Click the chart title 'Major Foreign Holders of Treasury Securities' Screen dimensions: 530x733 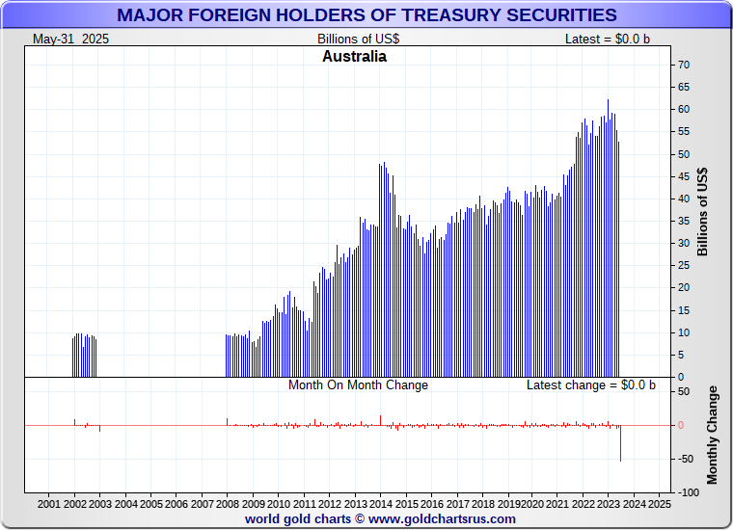tap(366, 15)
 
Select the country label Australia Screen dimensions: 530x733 tap(354, 57)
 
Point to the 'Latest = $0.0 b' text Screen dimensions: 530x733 tap(609, 39)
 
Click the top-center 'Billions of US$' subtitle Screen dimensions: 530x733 tap(358, 39)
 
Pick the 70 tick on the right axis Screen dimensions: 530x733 tap(683, 65)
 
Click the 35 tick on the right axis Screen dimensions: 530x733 tap(683, 221)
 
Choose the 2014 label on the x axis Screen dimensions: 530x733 tap(380, 504)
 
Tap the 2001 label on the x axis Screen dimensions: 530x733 tap(49, 504)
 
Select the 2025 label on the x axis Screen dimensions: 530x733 tap(660, 504)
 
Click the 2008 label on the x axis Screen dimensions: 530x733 tap(228, 504)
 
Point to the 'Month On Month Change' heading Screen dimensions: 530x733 tap(358, 385)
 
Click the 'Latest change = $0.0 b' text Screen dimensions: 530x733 tap(590, 385)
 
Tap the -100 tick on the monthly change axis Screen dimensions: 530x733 tap(687, 492)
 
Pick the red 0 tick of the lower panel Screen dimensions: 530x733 tap(683, 425)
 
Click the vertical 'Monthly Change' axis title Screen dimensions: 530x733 tap(713, 435)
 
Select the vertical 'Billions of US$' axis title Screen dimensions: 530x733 tap(702, 212)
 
